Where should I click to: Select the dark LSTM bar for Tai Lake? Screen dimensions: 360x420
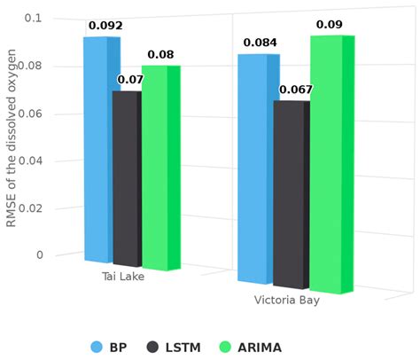point(128,177)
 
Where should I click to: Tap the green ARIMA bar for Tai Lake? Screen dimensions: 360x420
point(158,168)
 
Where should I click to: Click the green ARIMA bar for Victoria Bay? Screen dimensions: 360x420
point(328,164)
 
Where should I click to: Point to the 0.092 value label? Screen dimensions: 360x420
point(105,26)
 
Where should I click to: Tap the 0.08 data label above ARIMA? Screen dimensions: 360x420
point(160,55)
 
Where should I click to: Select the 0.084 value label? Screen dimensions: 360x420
point(261,43)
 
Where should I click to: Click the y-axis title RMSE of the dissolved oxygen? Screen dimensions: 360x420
point(12,137)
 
